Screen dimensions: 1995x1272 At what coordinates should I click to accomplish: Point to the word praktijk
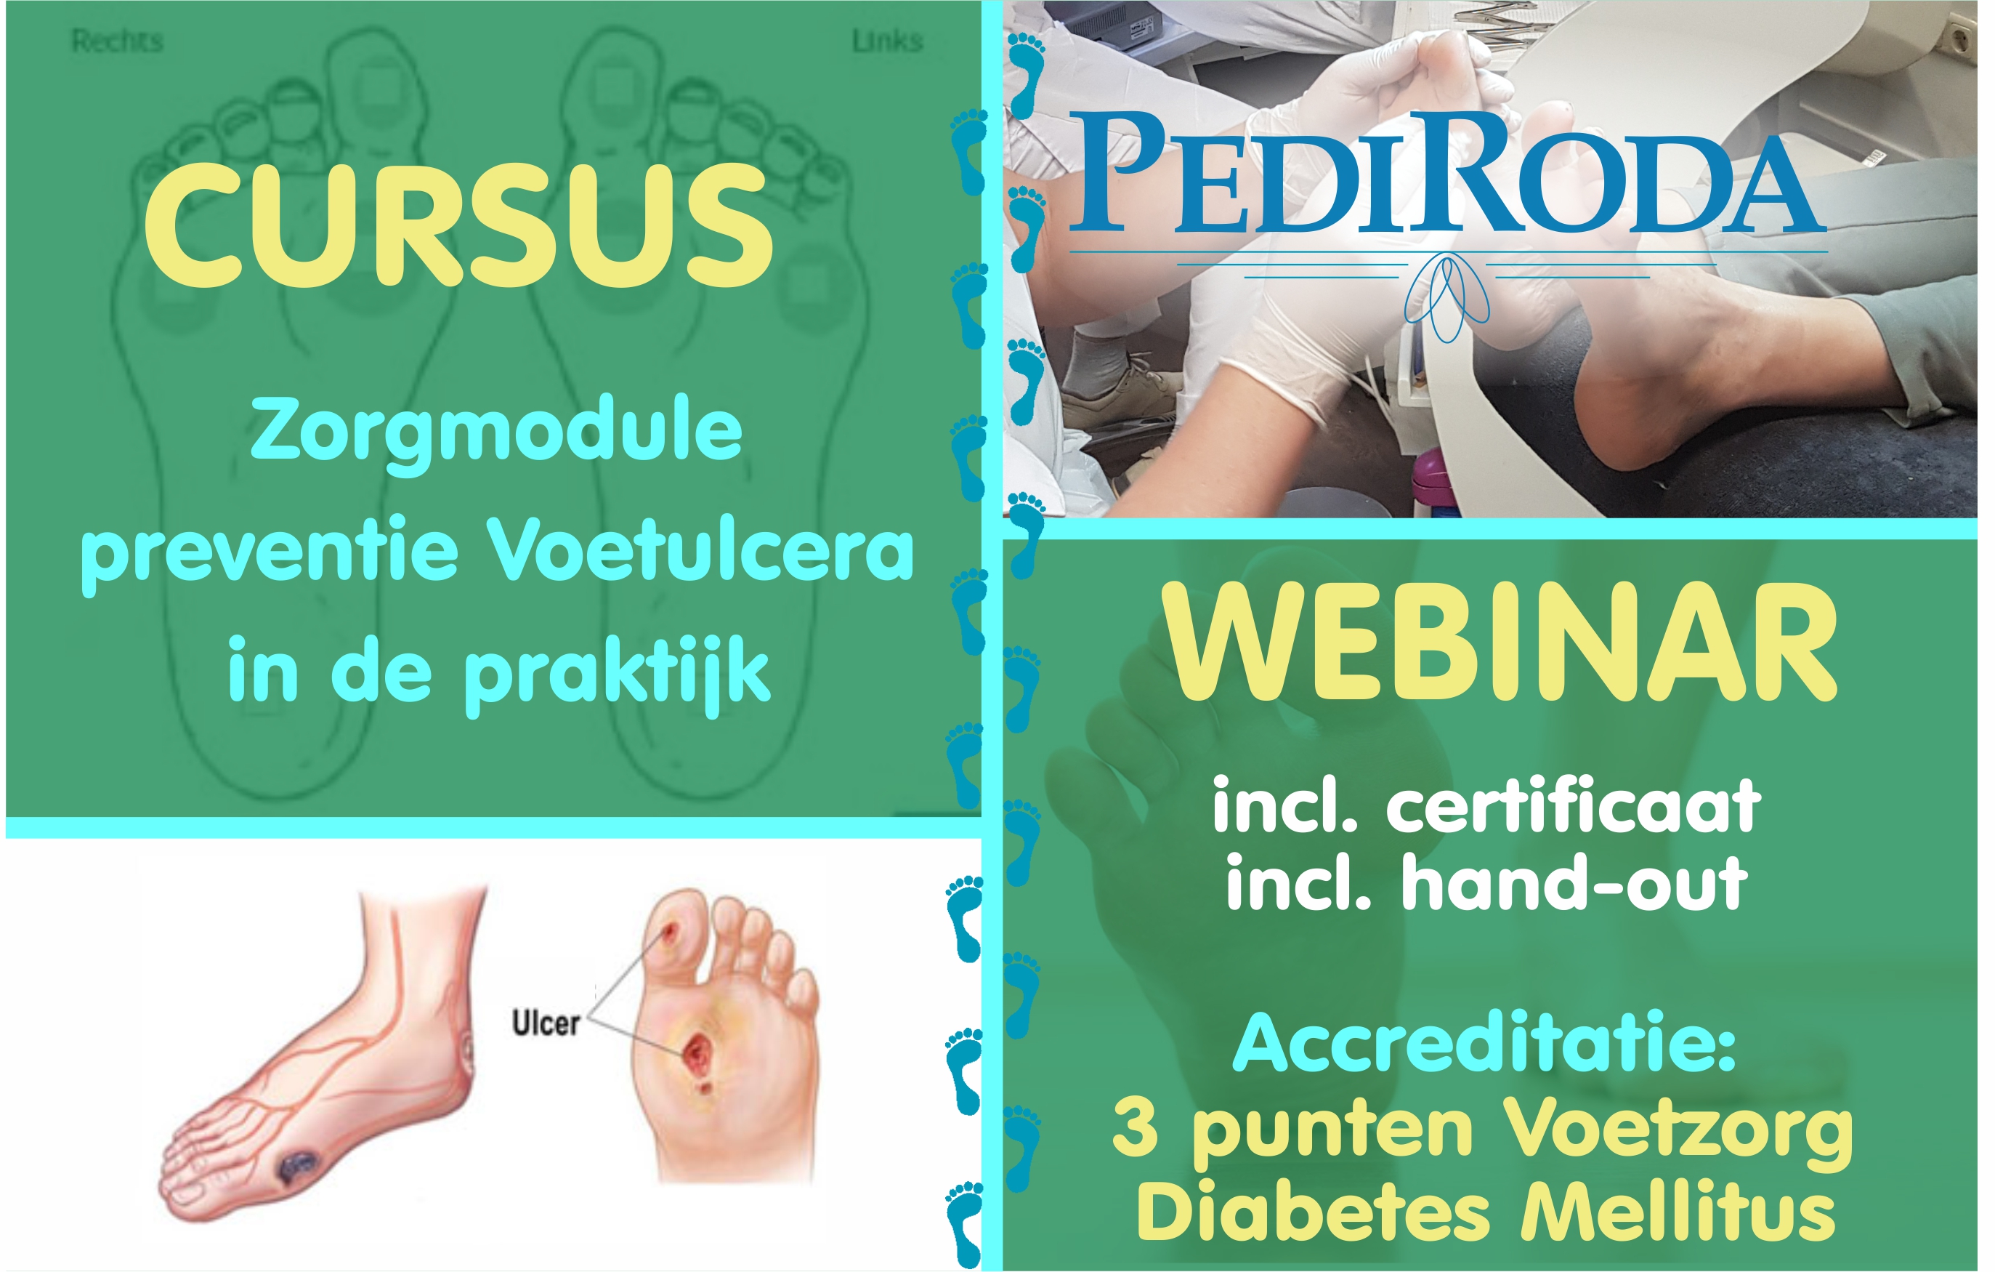click(x=618, y=673)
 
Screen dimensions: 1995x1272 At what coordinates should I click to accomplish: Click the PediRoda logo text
click(x=1448, y=172)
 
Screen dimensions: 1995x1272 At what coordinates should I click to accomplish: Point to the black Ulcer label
click(x=545, y=1023)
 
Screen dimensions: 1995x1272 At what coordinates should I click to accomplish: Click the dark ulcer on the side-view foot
click(x=297, y=1167)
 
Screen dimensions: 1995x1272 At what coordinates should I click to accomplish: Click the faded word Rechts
click(x=117, y=41)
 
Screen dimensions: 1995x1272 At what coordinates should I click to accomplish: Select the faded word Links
click(x=886, y=41)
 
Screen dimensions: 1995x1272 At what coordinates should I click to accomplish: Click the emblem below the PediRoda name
click(x=1446, y=297)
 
